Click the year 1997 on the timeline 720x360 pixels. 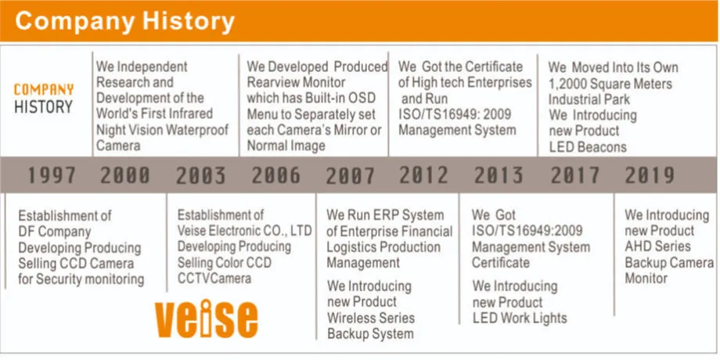52,175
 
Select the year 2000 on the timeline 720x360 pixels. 125,175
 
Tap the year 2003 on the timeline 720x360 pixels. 201,175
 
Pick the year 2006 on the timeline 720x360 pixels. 276,175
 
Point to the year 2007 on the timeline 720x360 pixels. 351,175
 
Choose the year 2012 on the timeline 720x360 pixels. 424,175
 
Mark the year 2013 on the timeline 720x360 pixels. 499,175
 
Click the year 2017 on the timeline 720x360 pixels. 575,175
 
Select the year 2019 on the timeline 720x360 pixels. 650,175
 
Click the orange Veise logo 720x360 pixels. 206,319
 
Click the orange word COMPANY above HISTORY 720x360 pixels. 44,89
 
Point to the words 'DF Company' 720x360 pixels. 55,232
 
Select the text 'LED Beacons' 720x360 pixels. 588,147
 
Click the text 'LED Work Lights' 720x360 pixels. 520,318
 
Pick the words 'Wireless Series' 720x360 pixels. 370,318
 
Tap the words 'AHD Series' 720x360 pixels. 657,246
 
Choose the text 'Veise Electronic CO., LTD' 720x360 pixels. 245,230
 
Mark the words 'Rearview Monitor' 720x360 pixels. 296,83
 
